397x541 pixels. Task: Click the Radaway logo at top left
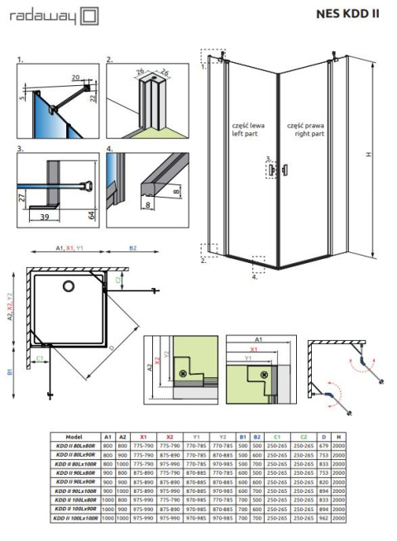49,16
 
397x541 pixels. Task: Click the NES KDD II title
348,13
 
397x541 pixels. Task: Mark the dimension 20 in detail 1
76,77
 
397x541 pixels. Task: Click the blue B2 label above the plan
133,248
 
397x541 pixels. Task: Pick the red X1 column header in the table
144,436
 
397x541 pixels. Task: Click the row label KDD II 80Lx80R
75,445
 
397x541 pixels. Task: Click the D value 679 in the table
323,445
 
